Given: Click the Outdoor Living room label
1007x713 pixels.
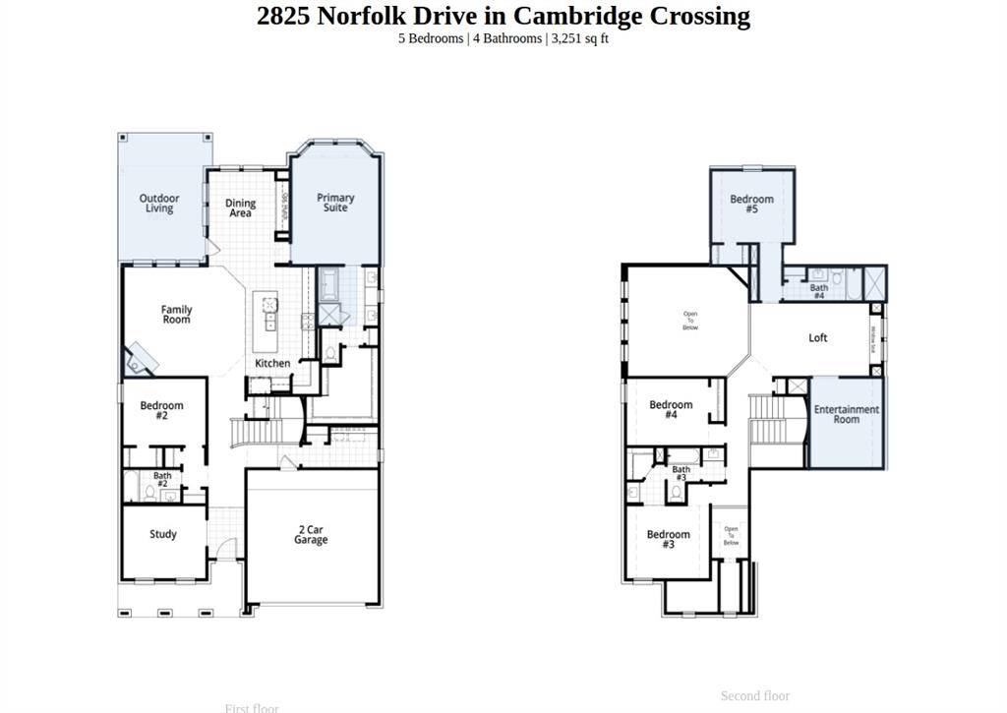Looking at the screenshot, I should click(x=159, y=204).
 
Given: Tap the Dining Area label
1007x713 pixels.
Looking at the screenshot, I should click(x=240, y=208).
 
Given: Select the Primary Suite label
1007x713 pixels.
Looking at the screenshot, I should click(x=335, y=203).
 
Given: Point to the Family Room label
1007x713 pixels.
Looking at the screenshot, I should click(x=177, y=315).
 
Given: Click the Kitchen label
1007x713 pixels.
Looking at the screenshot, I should click(x=272, y=363).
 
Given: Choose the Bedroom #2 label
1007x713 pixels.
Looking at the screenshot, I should click(x=161, y=410).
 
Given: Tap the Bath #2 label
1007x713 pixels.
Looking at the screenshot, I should click(x=161, y=480).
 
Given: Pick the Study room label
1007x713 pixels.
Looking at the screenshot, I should click(x=163, y=534).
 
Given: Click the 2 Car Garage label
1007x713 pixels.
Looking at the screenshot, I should click(x=311, y=534).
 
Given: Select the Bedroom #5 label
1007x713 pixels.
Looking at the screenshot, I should click(x=751, y=204).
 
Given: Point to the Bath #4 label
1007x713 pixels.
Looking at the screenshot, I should click(x=818, y=292).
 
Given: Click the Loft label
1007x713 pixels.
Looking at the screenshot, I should click(x=818, y=337).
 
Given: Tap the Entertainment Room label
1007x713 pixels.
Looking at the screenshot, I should click(x=846, y=414).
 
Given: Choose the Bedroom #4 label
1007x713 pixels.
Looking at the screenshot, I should click(x=671, y=409).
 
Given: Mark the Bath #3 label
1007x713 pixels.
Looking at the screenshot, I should click(x=681, y=473).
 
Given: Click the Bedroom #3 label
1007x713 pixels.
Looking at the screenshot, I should click(x=668, y=539).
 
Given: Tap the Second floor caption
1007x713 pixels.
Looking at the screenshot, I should click(x=754, y=696).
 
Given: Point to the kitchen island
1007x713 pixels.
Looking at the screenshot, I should click(x=266, y=323).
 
